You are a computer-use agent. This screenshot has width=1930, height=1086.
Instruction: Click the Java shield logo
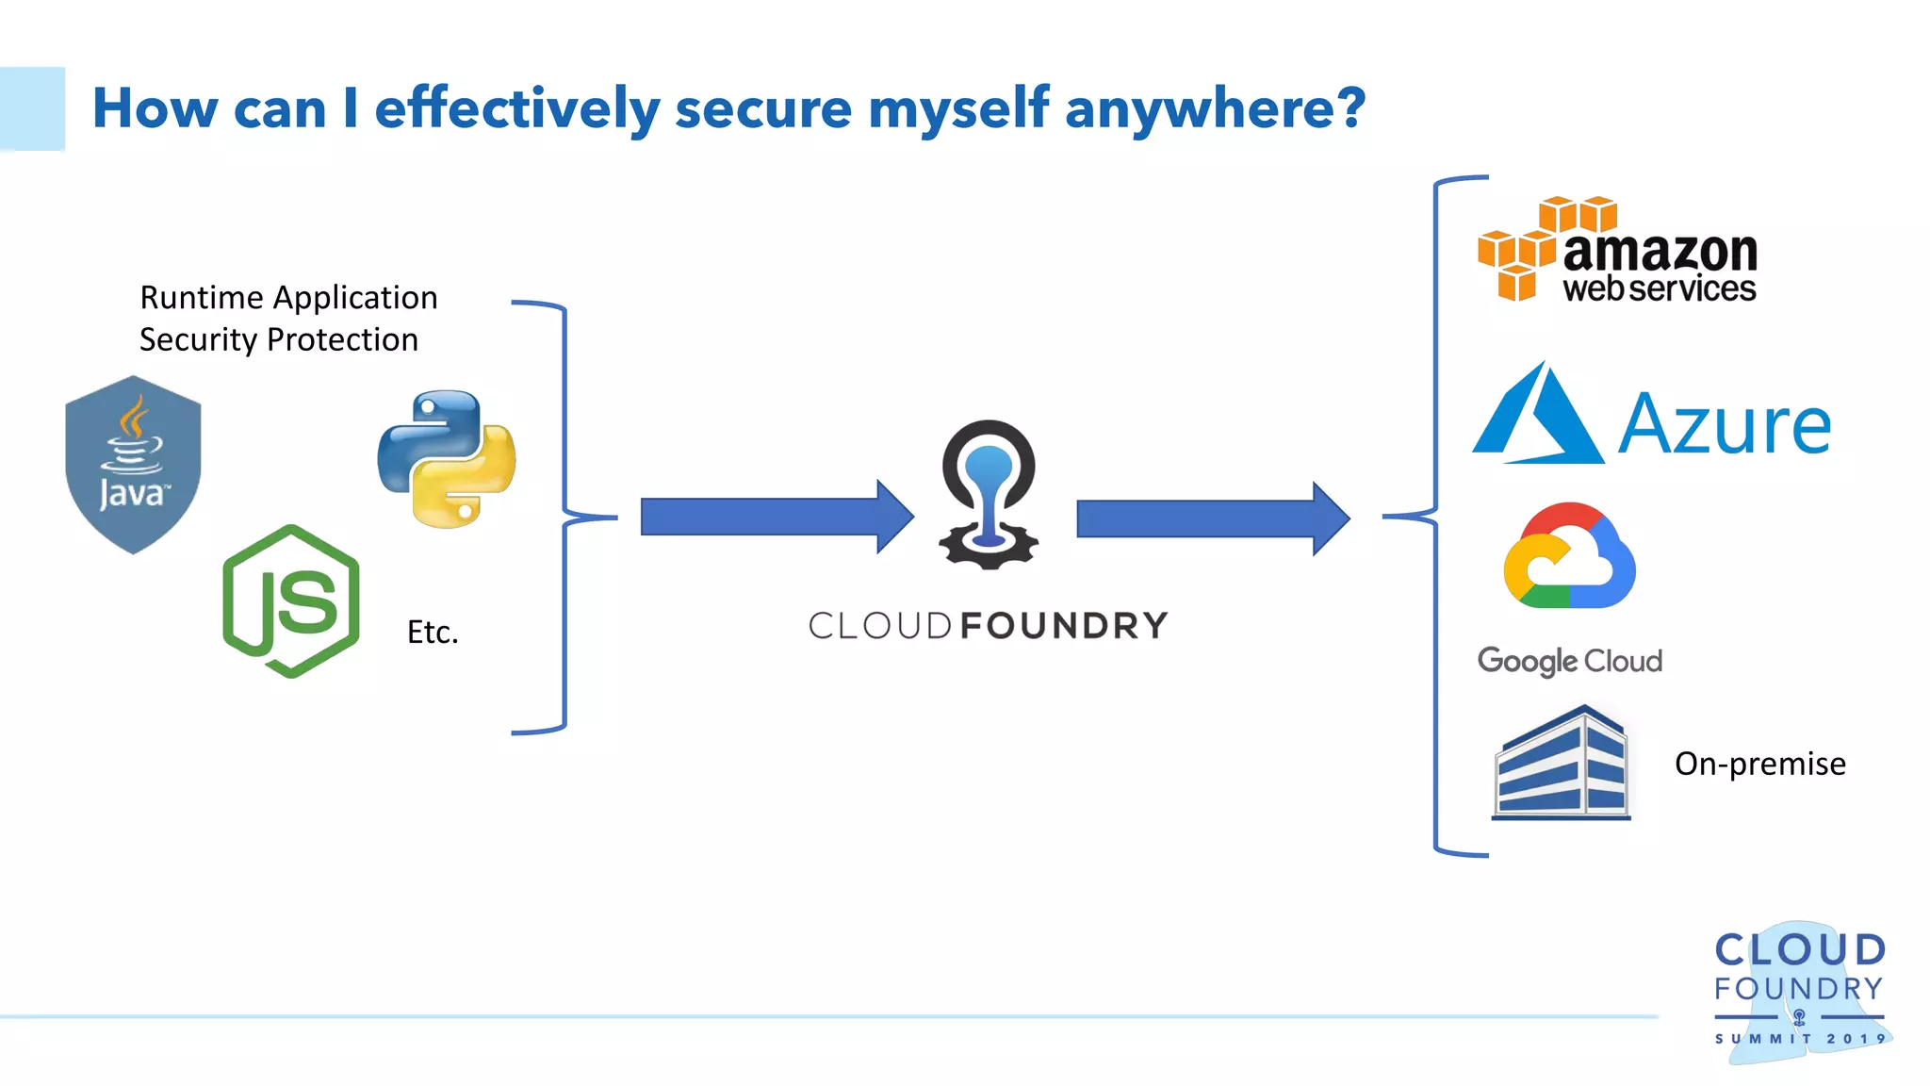pyautogui.click(x=133, y=464)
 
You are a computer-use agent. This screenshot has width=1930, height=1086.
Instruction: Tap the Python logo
pyautogui.click(x=446, y=459)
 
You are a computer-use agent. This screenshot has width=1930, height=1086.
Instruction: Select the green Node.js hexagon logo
pyautogui.click(x=291, y=601)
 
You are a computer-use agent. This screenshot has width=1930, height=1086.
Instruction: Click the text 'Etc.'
pyautogui.click(x=433, y=632)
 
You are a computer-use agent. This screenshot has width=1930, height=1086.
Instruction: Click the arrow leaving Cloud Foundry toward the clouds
pyautogui.click(x=1211, y=518)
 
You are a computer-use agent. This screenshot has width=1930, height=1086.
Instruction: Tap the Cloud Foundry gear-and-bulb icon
pyautogui.click(x=989, y=494)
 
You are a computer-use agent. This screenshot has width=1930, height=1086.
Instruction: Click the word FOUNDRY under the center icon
pyautogui.click(x=1064, y=626)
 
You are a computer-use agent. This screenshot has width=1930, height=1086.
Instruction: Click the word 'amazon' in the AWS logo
pyautogui.click(x=1660, y=252)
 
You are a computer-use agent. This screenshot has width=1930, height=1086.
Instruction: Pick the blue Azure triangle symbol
pyautogui.click(x=1538, y=417)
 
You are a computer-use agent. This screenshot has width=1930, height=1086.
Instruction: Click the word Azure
pyautogui.click(x=1724, y=426)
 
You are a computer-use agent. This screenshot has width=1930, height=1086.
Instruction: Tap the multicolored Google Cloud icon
pyautogui.click(x=1569, y=556)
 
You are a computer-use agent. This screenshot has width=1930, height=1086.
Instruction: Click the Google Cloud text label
pyautogui.click(x=1569, y=661)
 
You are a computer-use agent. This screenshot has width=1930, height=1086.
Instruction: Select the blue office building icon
pyautogui.click(x=1562, y=763)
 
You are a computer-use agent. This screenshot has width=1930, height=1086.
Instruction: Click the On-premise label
pyautogui.click(x=1759, y=764)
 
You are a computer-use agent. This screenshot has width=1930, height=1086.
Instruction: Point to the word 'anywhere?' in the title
pyautogui.click(x=1215, y=108)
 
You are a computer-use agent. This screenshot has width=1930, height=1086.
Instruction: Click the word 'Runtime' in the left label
pyautogui.click(x=202, y=298)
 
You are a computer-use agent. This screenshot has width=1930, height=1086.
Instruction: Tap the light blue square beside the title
pyautogui.click(x=32, y=108)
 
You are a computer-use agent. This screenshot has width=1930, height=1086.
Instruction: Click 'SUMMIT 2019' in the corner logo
pyautogui.click(x=1800, y=1038)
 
